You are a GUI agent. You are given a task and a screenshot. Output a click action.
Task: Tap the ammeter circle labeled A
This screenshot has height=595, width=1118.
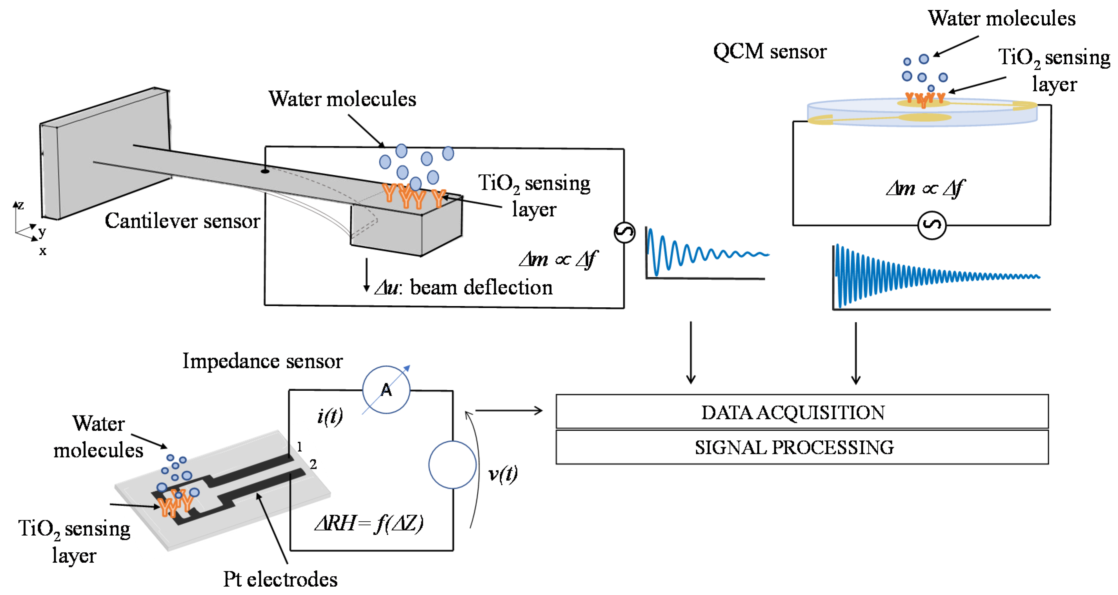tap(386, 390)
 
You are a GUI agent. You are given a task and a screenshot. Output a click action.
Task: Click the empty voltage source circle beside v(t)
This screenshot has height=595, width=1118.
tap(452, 465)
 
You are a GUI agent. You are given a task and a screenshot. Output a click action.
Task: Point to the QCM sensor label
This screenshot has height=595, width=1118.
tap(770, 52)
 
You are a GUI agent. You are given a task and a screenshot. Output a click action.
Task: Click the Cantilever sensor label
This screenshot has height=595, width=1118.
tap(182, 221)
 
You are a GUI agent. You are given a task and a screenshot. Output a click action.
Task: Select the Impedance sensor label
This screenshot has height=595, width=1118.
tap(262, 361)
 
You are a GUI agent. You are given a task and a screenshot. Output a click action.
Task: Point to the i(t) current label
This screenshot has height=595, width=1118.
tap(330, 416)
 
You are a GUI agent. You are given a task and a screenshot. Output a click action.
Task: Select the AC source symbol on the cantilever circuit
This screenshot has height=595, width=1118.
tap(624, 232)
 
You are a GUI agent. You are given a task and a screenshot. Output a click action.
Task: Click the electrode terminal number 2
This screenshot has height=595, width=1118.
tap(313, 464)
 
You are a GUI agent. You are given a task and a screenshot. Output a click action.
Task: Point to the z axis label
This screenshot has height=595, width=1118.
tap(20, 205)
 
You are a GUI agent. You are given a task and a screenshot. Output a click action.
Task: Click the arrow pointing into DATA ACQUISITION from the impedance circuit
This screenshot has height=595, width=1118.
tap(509, 410)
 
